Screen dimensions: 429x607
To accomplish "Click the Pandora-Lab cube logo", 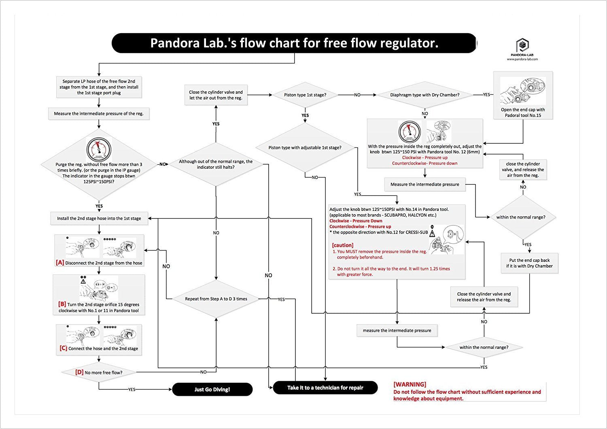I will coord(522,45).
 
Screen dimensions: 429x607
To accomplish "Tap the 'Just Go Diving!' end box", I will coord(212,389).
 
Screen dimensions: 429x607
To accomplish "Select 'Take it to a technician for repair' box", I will coord(325,388).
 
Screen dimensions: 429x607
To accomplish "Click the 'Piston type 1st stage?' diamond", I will coord(305,95).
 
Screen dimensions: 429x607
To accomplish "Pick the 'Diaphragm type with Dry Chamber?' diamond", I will coord(424,95).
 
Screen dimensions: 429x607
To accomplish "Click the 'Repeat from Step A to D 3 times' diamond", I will coord(216,299).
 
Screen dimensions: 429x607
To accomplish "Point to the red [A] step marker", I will coord(60,263).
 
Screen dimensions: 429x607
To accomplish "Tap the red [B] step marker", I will coord(62,304).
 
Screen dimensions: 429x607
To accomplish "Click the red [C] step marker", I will coord(63,348).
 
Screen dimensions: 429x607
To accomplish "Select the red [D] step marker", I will coord(79,372).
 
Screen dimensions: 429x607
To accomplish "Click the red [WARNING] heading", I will coord(410,384).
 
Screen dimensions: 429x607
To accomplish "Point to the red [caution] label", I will coord(342,245).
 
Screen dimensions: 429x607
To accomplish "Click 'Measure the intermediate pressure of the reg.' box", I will coord(99,114).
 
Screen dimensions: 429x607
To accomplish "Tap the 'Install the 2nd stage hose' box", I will coord(99,219).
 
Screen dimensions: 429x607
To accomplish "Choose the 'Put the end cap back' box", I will coord(529,263).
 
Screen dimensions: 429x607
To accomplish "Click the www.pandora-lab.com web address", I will coord(522,59).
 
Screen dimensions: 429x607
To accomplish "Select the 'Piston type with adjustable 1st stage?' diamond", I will coord(305,148).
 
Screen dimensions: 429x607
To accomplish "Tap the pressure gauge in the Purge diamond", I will coord(99,149).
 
